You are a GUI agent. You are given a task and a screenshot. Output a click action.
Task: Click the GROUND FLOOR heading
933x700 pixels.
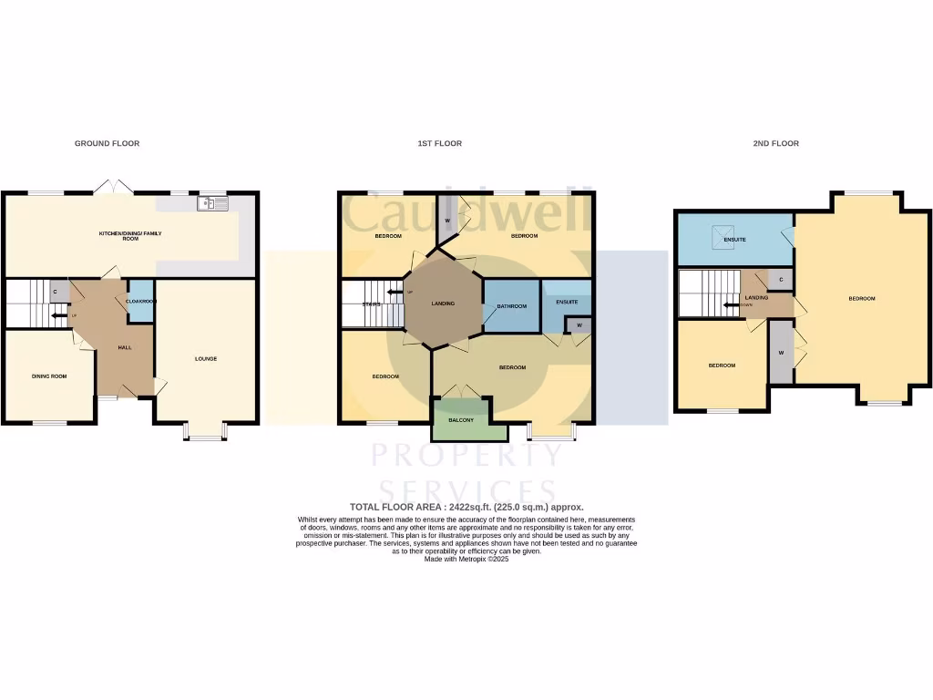coord(107,143)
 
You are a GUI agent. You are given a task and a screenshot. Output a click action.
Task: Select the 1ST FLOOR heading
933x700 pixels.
coord(439,143)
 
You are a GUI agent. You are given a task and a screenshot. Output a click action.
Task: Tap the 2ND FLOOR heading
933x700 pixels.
coord(777,143)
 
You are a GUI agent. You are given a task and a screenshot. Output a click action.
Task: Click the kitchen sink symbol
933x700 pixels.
coord(212,203)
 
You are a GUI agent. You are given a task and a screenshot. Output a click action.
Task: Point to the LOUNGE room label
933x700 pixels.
coord(206,358)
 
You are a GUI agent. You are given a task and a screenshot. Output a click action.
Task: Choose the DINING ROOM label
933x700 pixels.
coord(49,376)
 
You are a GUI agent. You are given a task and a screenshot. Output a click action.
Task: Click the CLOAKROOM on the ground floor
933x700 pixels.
coord(140,301)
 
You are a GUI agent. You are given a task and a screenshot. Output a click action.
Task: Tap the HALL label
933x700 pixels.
coord(126,347)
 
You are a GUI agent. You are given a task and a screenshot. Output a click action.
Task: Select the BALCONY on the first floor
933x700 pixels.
coord(460,420)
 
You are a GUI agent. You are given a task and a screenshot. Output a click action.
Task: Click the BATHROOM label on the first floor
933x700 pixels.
coord(511,306)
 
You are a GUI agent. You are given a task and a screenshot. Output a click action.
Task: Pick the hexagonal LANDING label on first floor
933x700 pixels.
coord(443,304)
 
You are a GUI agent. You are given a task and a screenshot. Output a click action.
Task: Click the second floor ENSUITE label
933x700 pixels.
coord(734,240)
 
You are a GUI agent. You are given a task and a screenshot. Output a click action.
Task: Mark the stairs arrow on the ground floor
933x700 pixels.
coord(58,315)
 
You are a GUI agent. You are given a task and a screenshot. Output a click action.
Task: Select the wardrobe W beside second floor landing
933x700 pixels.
coord(781,352)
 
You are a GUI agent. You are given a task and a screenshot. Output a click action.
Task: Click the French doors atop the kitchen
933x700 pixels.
coord(115,187)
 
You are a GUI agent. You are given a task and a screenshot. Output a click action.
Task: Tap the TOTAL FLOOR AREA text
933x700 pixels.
coord(466,507)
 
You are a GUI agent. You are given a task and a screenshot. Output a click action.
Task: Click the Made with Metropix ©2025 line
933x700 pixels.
coord(466,559)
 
